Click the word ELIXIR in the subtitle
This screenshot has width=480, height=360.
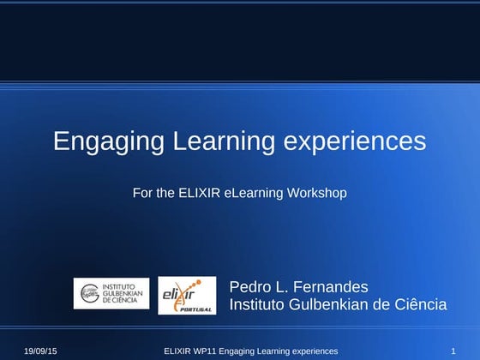pyautogui.click(x=200, y=193)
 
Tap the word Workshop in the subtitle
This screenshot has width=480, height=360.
pyautogui.click(x=318, y=193)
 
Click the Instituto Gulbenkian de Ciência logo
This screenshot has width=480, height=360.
pyautogui.click(x=111, y=293)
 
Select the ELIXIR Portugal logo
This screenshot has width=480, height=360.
pyautogui.click(x=187, y=295)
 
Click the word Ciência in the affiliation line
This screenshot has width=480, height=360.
pyautogui.click(x=419, y=304)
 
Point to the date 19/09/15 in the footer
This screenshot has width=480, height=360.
pyautogui.click(x=40, y=351)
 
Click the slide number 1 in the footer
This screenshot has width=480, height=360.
pyautogui.click(x=452, y=351)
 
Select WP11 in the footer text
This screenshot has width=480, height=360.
pyautogui.click(x=204, y=351)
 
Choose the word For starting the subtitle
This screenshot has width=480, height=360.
pyautogui.click(x=143, y=193)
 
